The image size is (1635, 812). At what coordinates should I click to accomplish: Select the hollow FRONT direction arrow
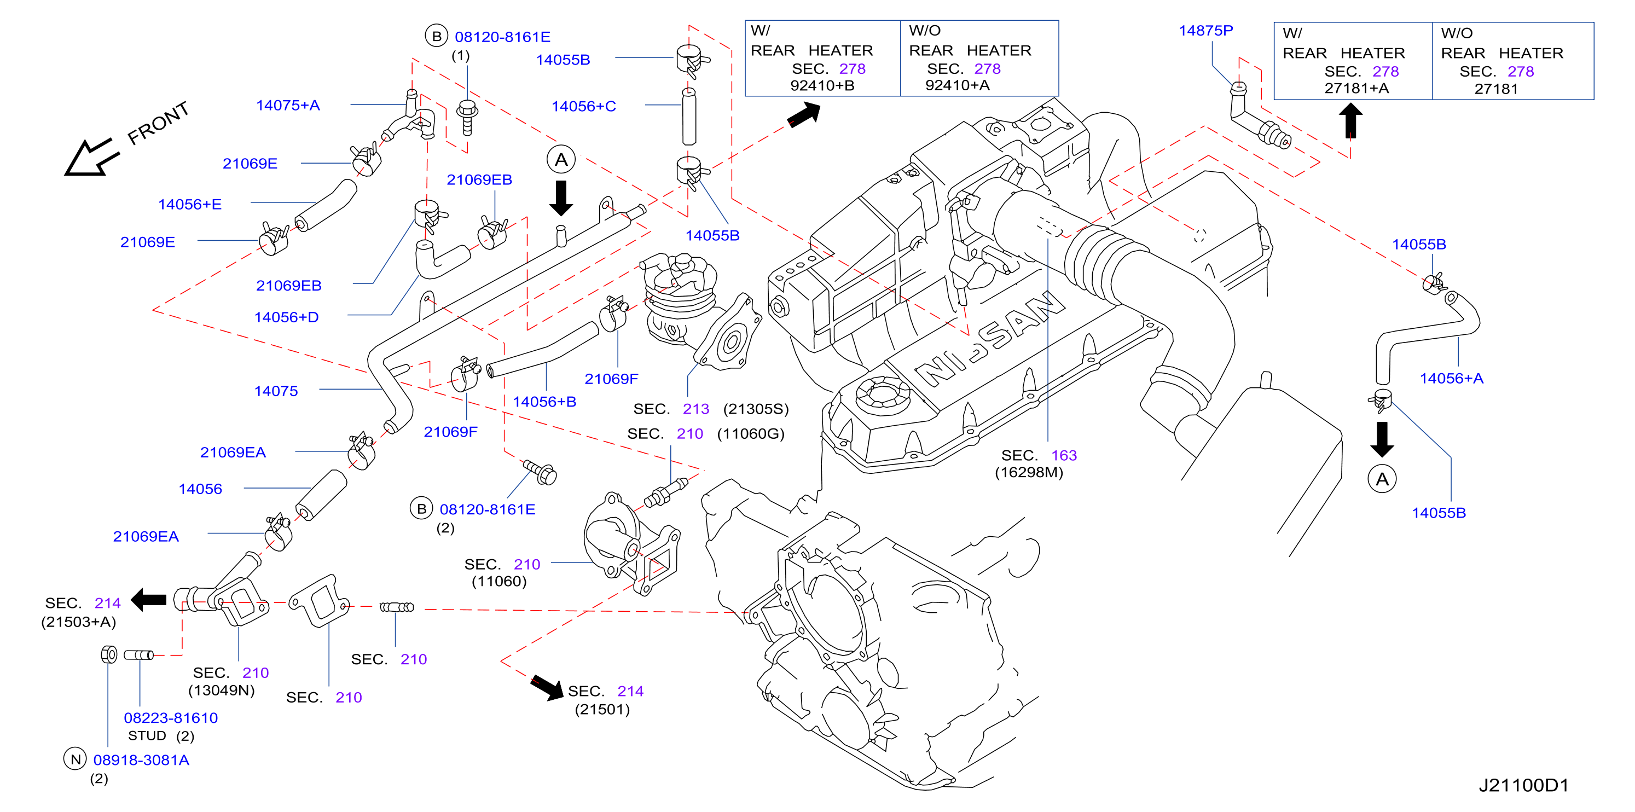pos(91,158)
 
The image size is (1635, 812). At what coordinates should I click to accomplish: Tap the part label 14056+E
pos(190,205)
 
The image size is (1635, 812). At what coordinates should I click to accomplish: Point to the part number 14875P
pos(1205,31)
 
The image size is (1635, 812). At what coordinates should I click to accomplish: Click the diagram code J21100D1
pos(1523,785)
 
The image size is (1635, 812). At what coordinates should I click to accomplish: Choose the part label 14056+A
pos(1451,379)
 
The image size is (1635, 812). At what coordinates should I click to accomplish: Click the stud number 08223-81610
pos(171,718)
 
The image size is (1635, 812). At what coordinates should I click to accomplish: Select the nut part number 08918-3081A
pos(142,760)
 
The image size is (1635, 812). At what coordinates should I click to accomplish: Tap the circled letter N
pos(75,759)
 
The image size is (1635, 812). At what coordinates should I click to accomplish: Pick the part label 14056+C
pos(583,107)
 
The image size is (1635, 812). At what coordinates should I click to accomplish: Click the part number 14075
pos(276,391)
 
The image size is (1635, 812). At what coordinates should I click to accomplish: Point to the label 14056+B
pos(544,402)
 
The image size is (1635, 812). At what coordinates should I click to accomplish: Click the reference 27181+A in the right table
pos(1356,88)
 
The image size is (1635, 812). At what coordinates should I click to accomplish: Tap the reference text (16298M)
pos(1029,472)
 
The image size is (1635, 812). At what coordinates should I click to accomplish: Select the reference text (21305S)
pos(756,409)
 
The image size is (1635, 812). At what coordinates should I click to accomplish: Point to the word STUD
pos(147,736)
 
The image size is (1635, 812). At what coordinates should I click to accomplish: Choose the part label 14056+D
pos(286,317)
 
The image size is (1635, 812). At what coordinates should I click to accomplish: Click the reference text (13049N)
pos(222,690)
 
